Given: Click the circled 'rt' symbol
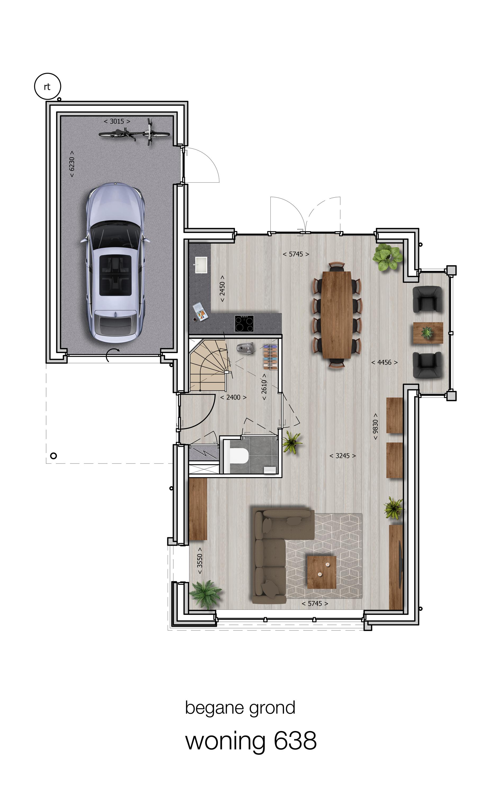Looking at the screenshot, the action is (x=47, y=86).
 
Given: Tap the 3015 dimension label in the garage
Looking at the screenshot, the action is (x=117, y=121).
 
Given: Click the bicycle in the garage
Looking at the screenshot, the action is (x=134, y=133).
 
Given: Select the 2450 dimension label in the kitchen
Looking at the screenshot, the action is (x=222, y=288).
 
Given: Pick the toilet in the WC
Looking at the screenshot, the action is (x=239, y=456).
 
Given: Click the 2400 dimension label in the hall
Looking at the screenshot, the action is (x=233, y=397).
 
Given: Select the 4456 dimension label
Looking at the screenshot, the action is (x=384, y=362).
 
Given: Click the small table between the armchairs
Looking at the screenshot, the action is (x=428, y=333).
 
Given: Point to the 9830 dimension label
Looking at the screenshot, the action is (x=375, y=426).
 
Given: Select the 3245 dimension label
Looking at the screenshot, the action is (x=343, y=456).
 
